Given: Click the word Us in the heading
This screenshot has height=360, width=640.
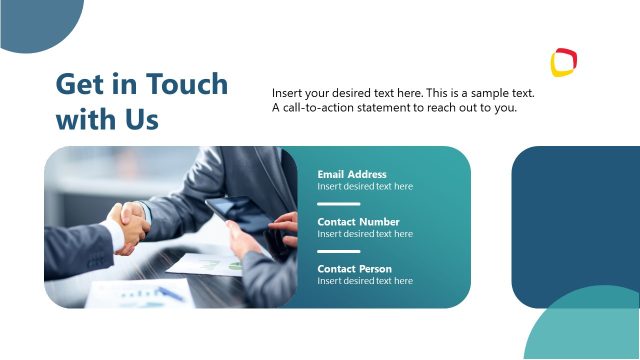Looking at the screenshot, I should pyautogui.click(x=140, y=120).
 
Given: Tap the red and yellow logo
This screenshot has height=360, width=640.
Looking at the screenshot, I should pyautogui.click(x=565, y=62).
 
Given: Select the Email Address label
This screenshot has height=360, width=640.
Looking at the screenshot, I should pyautogui.click(x=352, y=174).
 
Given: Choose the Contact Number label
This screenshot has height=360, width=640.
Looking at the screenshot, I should pyautogui.click(x=358, y=222).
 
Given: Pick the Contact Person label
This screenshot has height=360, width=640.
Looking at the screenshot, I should pyautogui.click(x=354, y=269).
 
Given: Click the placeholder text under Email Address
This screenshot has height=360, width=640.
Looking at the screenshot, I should pyautogui.click(x=365, y=186).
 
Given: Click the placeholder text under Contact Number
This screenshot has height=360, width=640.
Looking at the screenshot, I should pyautogui.click(x=365, y=234).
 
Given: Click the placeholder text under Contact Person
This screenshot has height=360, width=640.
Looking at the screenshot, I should pyautogui.click(x=365, y=281).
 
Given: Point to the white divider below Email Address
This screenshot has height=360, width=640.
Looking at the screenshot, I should pyautogui.click(x=338, y=203).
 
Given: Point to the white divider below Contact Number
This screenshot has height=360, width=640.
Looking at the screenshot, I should pyautogui.click(x=338, y=251).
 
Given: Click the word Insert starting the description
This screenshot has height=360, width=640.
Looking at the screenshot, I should pyautogui.click(x=288, y=93).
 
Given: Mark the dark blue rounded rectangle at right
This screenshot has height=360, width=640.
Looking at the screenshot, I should pyautogui.click(x=576, y=215).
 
